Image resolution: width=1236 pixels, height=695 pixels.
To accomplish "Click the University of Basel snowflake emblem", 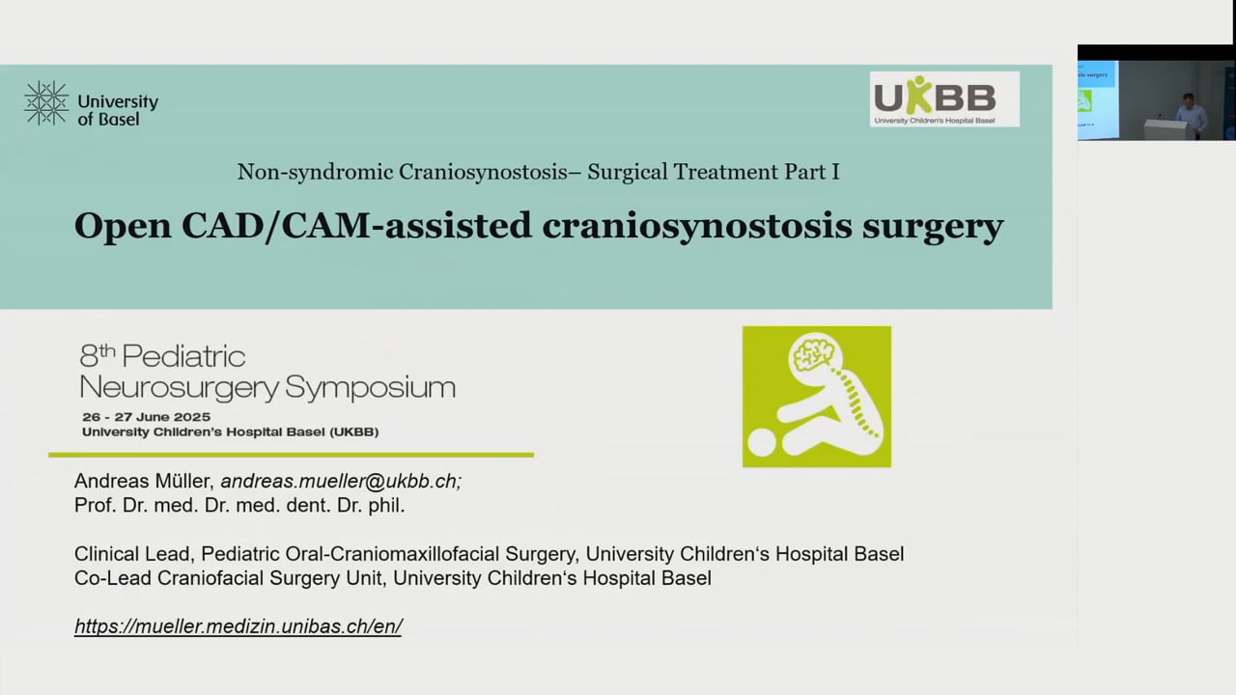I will (46, 103).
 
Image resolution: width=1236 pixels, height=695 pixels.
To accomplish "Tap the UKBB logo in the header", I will (943, 98).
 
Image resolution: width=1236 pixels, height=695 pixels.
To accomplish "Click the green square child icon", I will (816, 397).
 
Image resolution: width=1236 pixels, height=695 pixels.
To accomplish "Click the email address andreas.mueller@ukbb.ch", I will (341, 481).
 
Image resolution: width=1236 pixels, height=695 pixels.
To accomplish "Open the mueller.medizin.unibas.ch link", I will (238, 625).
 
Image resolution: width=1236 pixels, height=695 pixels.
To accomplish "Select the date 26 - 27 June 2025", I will (146, 416).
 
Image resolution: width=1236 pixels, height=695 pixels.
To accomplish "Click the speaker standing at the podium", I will (1190, 114).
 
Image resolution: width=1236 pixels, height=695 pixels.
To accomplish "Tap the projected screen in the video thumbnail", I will (1097, 100).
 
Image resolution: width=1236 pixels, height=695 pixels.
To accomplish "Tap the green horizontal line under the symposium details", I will (291, 455).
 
